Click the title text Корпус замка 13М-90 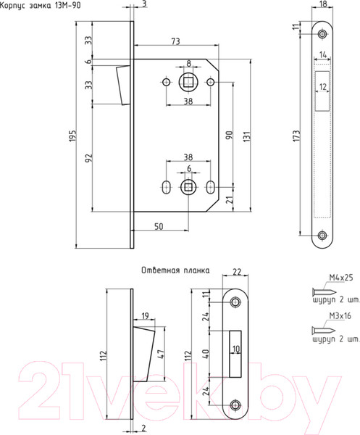40,5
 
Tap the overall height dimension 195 72,136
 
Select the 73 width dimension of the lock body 175,41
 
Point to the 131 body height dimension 247,136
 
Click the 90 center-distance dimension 230,135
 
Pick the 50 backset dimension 159,227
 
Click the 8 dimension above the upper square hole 189,64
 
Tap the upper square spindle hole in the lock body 188,82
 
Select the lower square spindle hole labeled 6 188,188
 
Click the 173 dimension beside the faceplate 296,136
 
